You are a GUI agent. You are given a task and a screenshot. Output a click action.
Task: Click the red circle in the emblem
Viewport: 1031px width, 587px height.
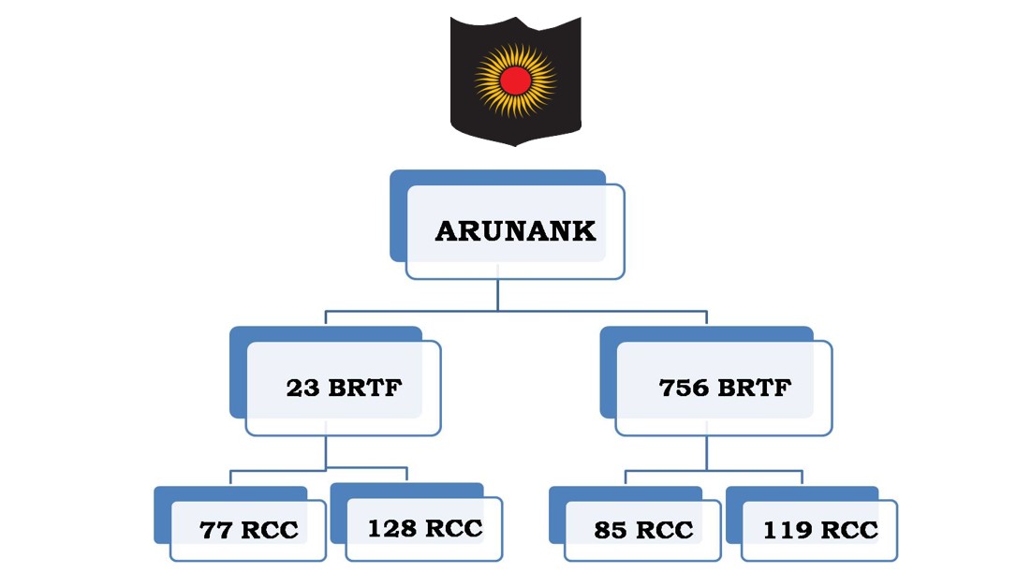click(x=514, y=81)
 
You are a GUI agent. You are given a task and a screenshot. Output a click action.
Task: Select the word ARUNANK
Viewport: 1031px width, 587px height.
click(x=515, y=231)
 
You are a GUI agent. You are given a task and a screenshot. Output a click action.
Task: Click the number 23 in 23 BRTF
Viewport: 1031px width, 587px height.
click(x=303, y=388)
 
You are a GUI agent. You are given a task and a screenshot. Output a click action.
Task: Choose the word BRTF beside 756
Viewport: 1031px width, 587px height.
click(x=754, y=388)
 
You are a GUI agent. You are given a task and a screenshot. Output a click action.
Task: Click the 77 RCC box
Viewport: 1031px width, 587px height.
click(x=247, y=530)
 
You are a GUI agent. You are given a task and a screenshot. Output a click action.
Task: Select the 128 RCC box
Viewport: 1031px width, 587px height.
click(x=423, y=529)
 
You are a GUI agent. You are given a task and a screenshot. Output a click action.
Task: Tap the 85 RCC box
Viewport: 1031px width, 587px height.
click(x=642, y=530)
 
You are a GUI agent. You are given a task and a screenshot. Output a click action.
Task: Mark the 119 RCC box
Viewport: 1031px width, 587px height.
click(x=819, y=530)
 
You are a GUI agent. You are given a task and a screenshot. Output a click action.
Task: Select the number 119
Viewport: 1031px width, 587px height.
click(x=785, y=530)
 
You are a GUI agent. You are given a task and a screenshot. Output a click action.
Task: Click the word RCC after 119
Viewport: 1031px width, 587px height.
click(x=850, y=530)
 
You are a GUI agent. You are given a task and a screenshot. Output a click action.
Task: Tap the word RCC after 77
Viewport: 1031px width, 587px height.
click(x=270, y=530)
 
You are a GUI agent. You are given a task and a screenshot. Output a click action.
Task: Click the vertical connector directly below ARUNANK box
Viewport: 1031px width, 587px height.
click(x=497, y=294)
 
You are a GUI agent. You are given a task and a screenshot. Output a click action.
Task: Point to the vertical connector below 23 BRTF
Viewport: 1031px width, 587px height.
click(x=326, y=451)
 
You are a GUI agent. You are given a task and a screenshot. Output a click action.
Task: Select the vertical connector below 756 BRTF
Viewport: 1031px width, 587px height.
click(x=707, y=453)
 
